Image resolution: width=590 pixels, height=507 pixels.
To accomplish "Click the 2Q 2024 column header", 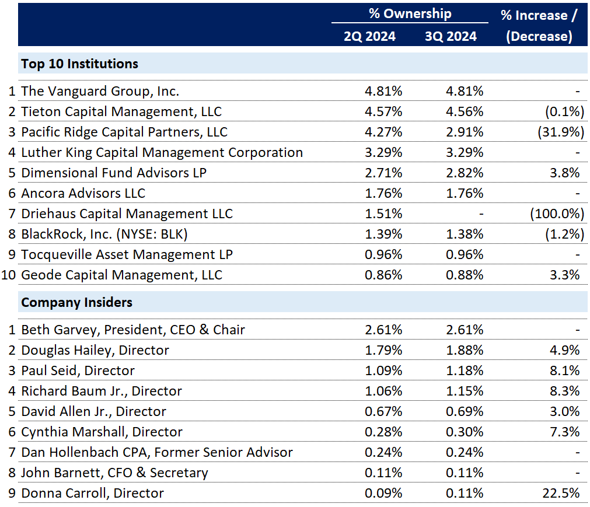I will point(369,36).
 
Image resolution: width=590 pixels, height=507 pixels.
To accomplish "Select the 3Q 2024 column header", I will point(451,36).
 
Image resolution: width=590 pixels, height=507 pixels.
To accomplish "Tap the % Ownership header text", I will point(410,14).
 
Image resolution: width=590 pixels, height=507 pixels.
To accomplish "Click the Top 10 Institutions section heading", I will point(80,64).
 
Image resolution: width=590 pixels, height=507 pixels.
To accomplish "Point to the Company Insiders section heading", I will point(76,302).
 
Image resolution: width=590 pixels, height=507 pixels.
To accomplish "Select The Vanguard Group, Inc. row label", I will point(100,91).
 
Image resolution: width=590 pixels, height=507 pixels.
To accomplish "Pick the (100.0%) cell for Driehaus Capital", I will point(556,214).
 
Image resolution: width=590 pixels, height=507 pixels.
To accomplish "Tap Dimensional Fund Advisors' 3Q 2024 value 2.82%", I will point(465,173).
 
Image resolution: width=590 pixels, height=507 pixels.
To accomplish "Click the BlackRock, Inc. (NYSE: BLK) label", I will point(105,234).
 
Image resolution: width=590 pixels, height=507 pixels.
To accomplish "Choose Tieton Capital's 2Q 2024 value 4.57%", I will point(383,111).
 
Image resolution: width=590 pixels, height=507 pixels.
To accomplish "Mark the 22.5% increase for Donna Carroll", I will point(562,493).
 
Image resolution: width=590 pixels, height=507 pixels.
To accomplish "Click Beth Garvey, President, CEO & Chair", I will point(133,330).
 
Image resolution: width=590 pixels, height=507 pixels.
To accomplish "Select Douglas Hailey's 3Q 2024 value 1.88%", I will point(465,350).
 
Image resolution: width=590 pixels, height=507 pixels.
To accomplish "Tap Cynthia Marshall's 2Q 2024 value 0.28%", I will point(383,432).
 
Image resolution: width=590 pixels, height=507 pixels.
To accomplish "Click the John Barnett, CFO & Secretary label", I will point(114,473).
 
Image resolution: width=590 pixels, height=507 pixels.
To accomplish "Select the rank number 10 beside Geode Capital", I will point(9,275).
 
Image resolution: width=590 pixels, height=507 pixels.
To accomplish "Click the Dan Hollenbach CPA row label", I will point(157,452).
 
